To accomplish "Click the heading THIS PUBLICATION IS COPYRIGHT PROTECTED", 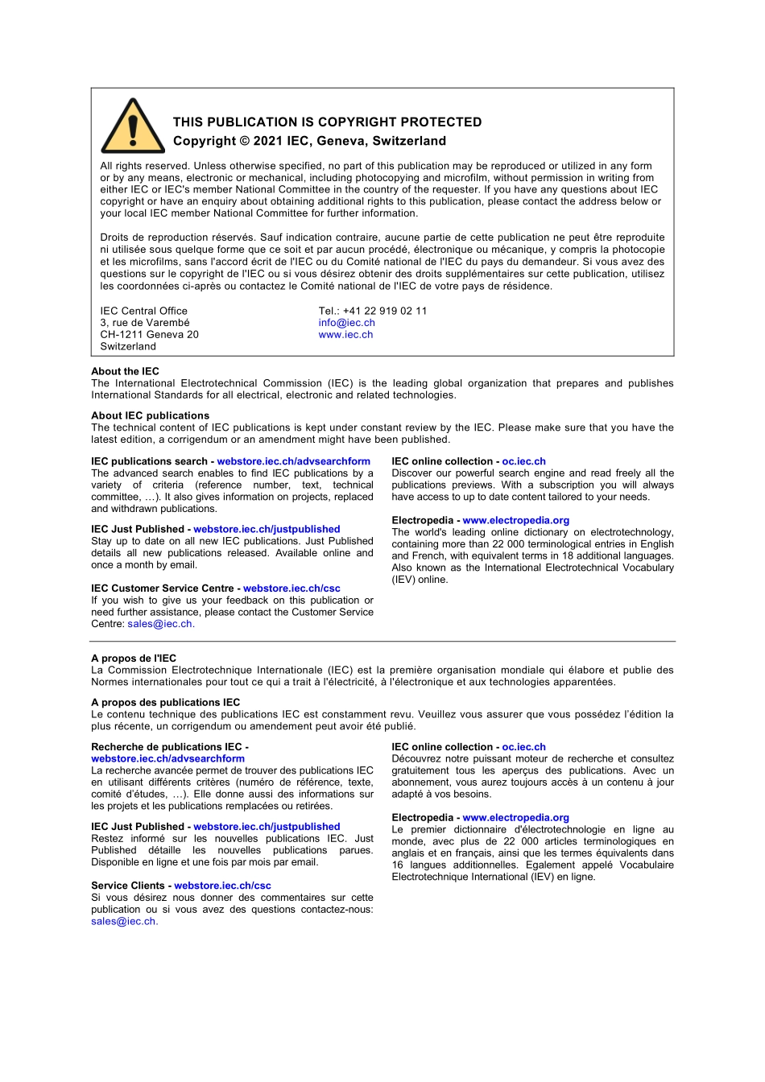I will click(327, 122).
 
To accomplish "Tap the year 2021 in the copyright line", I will click(267, 141).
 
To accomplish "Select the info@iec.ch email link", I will click(346, 323).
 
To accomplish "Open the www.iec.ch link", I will click(345, 335).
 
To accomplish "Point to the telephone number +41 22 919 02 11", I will click(385, 311).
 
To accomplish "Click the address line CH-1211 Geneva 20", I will click(149, 335).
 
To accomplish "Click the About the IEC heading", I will click(125, 371).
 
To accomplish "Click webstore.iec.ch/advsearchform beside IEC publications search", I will click(293, 461).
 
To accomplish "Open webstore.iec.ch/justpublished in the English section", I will click(267, 529).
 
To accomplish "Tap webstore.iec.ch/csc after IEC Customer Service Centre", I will click(292, 588).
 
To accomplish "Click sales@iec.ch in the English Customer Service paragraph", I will click(159, 624).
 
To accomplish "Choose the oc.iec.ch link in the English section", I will click(523, 461).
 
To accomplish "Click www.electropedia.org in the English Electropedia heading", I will click(515, 520).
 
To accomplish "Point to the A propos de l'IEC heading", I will click(134, 658).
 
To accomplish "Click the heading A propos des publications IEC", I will click(165, 702).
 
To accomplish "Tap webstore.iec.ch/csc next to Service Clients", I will click(222, 886).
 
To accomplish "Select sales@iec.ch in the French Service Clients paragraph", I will click(123, 922).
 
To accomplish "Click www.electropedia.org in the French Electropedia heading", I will click(515, 818).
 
